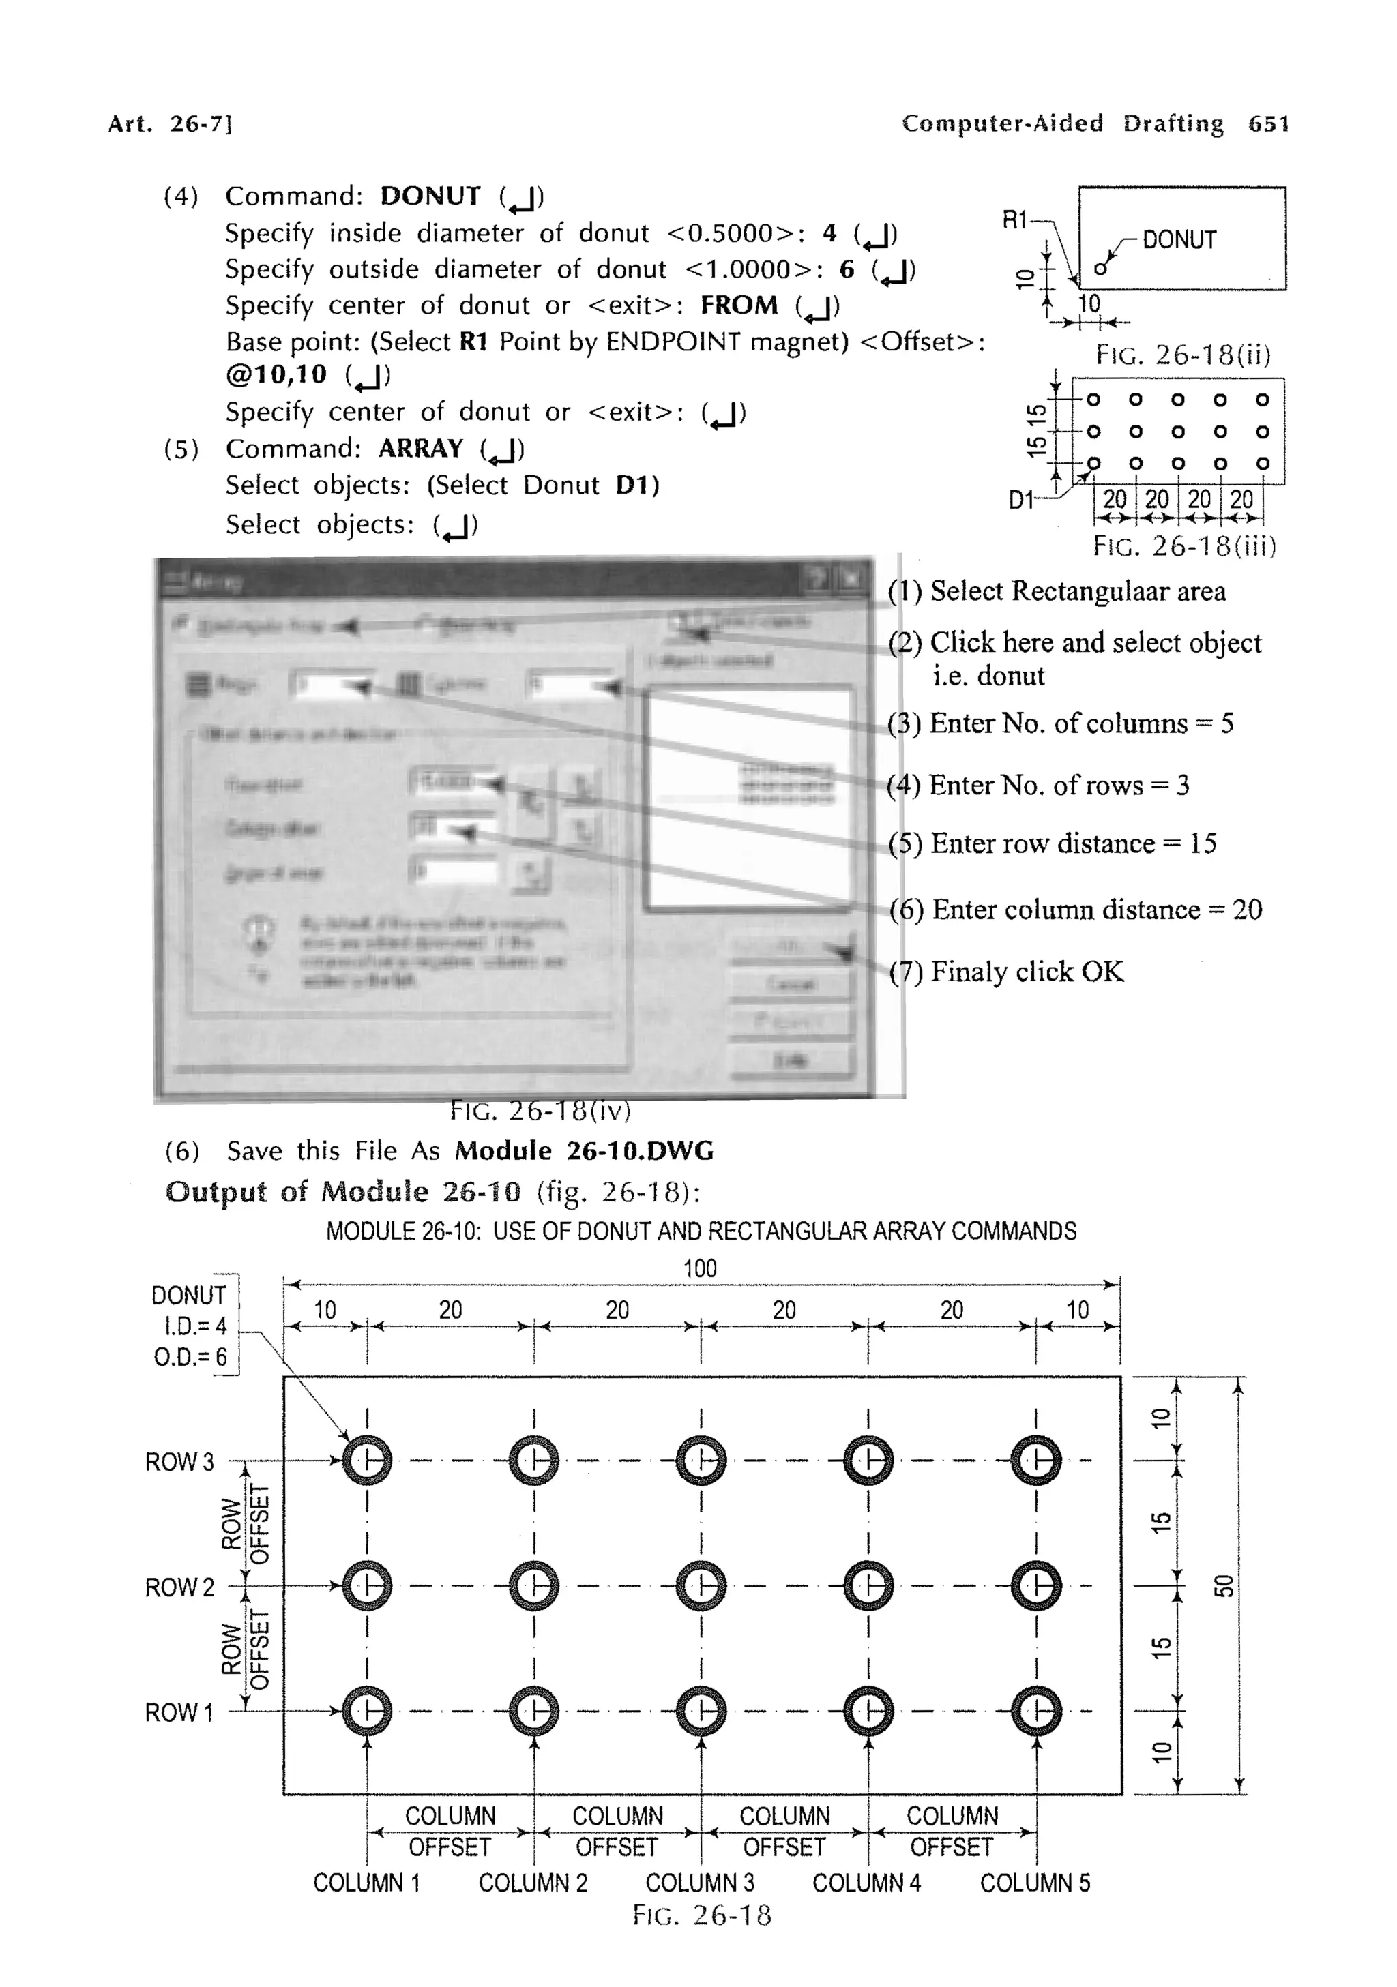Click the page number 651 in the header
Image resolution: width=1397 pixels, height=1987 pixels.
click(x=1268, y=123)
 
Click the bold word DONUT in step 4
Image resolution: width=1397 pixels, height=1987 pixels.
click(x=430, y=196)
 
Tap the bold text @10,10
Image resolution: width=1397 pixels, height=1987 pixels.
click(x=277, y=375)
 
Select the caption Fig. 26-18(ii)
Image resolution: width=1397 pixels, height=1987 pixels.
click(x=1182, y=354)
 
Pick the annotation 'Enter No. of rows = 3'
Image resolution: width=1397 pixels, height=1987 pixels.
click(x=1058, y=785)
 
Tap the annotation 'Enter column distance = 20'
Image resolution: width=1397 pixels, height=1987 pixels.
click(x=1095, y=910)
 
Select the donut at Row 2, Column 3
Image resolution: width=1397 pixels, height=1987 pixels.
click(x=701, y=1586)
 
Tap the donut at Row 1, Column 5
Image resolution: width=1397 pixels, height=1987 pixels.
click(x=1035, y=1711)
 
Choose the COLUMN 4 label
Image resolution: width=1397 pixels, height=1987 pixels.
click(x=866, y=1882)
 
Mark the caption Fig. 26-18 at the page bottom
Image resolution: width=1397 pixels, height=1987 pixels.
click(x=701, y=1914)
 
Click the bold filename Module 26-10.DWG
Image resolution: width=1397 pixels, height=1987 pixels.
click(x=585, y=1151)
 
